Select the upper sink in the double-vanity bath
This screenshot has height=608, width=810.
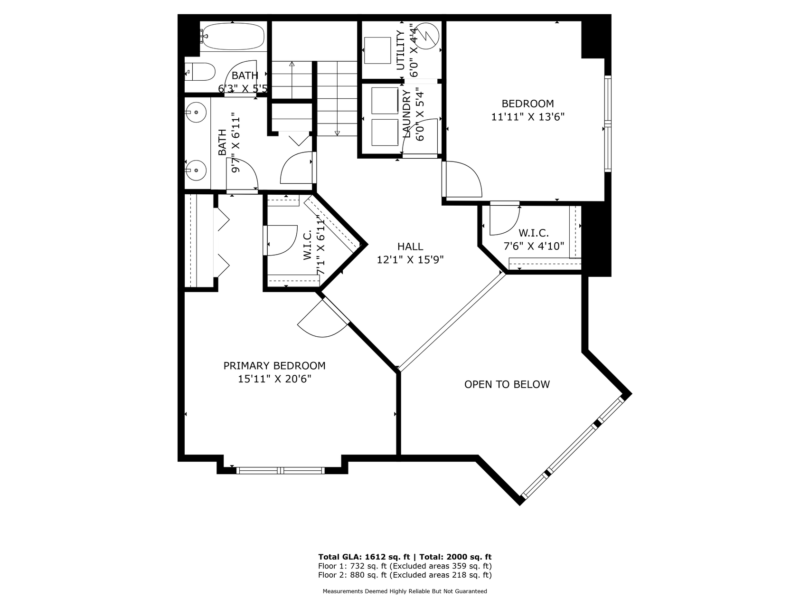point(195,113)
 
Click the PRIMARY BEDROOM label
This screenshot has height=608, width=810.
point(274,366)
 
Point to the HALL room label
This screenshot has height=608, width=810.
point(410,247)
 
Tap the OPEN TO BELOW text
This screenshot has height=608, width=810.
point(507,384)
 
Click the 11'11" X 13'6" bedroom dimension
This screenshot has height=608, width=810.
point(528,116)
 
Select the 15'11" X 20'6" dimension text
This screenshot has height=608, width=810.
point(274,379)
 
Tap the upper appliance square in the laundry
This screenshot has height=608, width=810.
point(385,101)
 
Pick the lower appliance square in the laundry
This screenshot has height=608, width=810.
point(385,133)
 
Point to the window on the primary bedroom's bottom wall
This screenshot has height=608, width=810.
point(281,470)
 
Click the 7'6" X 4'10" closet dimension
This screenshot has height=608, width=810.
point(534,246)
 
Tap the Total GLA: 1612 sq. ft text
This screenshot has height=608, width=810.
point(364,557)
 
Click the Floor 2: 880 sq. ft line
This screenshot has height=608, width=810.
point(405,575)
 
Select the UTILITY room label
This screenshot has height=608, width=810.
point(401,50)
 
